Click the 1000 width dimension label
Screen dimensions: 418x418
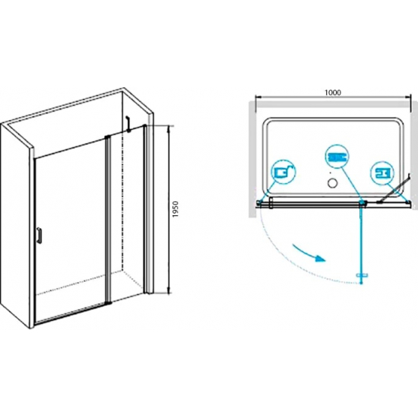[x=333, y=92]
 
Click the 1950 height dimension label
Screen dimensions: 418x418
[x=175, y=209]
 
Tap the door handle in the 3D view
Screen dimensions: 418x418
[x=40, y=236]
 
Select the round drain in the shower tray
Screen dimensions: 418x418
[x=332, y=183]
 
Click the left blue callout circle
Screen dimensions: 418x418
[x=284, y=172]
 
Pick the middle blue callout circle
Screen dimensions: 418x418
[x=337, y=157]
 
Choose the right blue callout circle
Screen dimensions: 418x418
[x=382, y=173]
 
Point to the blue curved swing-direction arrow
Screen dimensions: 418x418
[x=309, y=252]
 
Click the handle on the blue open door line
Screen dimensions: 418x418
[x=362, y=274]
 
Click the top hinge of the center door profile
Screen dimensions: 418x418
[x=107, y=137]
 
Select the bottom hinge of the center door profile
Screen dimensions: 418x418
[x=109, y=302]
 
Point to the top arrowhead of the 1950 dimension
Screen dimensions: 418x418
[x=168, y=128]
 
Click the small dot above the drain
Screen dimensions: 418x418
[x=331, y=173]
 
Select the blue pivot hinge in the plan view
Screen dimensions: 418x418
[x=363, y=203]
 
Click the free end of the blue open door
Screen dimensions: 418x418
[x=362, y=283]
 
